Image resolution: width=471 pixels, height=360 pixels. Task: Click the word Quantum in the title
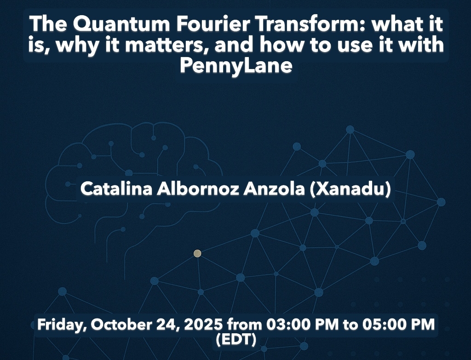[x=121, y=24]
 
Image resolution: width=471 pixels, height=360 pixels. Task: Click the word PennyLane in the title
[x=236, y=65]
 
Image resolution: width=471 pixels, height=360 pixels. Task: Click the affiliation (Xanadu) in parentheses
[x=350, y=189]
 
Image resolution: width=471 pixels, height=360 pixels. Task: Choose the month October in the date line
[x=121, y=325]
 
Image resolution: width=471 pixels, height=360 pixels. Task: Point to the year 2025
[x=203, y=325]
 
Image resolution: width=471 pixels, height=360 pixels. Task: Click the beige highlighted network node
[x=197, y=254]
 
